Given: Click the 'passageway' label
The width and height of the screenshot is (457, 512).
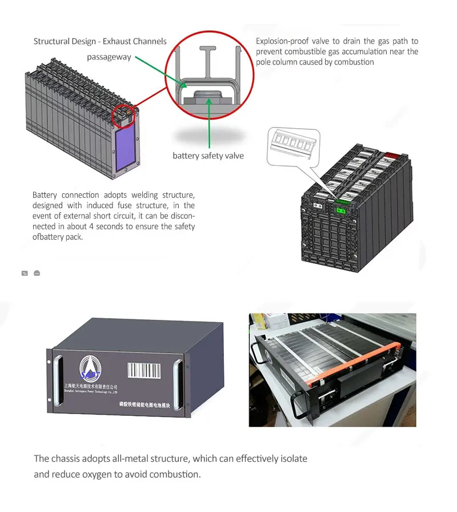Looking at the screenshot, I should coord(109,57).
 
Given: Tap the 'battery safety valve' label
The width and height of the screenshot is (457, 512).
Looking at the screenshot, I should coord(208,156).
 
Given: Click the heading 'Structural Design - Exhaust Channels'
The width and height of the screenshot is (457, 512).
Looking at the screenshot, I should coord(100,41).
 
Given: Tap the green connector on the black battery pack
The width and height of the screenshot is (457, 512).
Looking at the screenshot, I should coord(340,210).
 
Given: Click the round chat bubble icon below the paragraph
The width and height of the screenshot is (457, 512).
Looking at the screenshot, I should coord(37,273).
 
